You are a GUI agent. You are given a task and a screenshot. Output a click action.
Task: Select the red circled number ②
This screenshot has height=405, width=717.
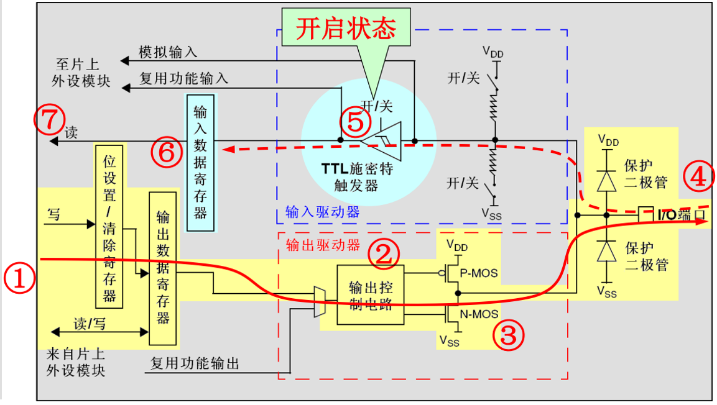point(383,253)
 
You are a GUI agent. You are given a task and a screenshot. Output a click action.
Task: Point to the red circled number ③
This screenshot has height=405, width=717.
point(508,335)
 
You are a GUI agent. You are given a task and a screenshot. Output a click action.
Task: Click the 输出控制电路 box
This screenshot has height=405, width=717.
point(370,294)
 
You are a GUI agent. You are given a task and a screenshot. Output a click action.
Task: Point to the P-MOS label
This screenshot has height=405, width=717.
point(479,274)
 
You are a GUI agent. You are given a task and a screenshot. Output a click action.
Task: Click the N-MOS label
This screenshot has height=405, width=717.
point(479,314)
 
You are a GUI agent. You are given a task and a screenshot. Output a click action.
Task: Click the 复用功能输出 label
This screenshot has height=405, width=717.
point(195,363)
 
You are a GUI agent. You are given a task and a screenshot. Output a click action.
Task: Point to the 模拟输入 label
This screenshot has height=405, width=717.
point(167,53)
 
